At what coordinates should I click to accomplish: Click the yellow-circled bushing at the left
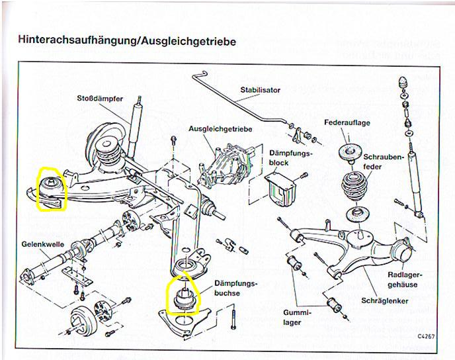tap(50, 187)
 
